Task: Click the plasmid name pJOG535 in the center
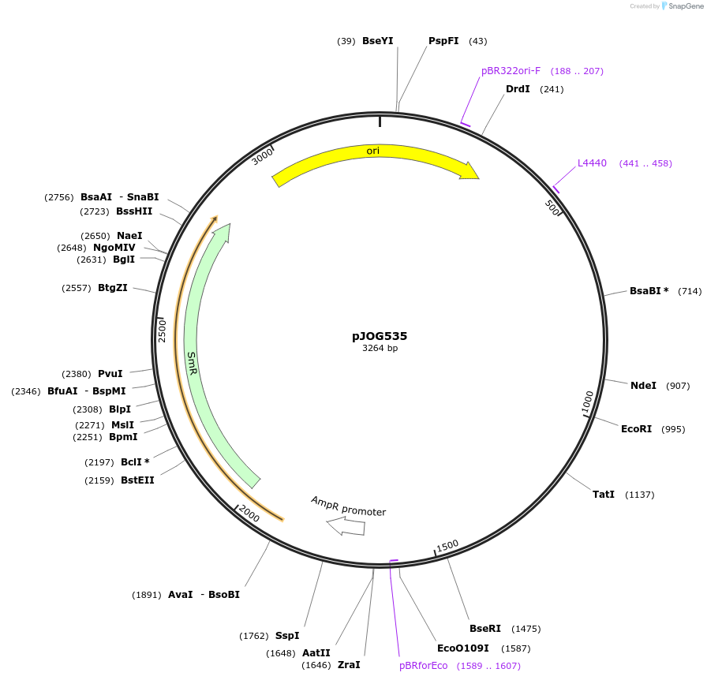click(x=380, y=336)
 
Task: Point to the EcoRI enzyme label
click(x=636, y=429)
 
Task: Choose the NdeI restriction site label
click(x=643, y=386)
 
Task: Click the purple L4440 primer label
click(x=592, y=163)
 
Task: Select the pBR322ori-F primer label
click(x=511, y=71)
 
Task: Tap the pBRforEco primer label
click(x=423, y=666)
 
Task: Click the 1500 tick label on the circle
click(x=447, y=546)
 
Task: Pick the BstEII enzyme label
click(x=137, y=480)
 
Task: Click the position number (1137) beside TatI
click(x=639, y=495)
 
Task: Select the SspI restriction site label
click(x=287, y=636)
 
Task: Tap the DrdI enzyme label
click(x=518, y=89)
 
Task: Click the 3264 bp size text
click(x=380, y=348)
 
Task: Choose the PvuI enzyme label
click(x=110, y=374)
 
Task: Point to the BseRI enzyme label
click(x=485, y=629)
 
